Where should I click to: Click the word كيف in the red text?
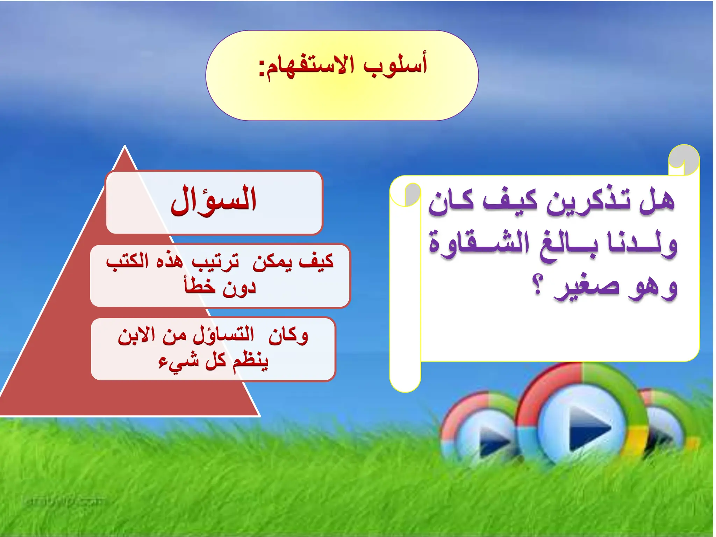tap(317, 262)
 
